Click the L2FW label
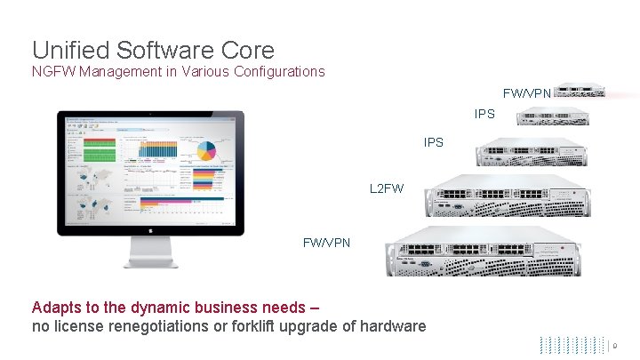point(386,188)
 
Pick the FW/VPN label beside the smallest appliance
point(528,92)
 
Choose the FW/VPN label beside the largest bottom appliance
point(327,242)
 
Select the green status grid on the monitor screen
point(100,143)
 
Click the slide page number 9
point(626,344)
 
